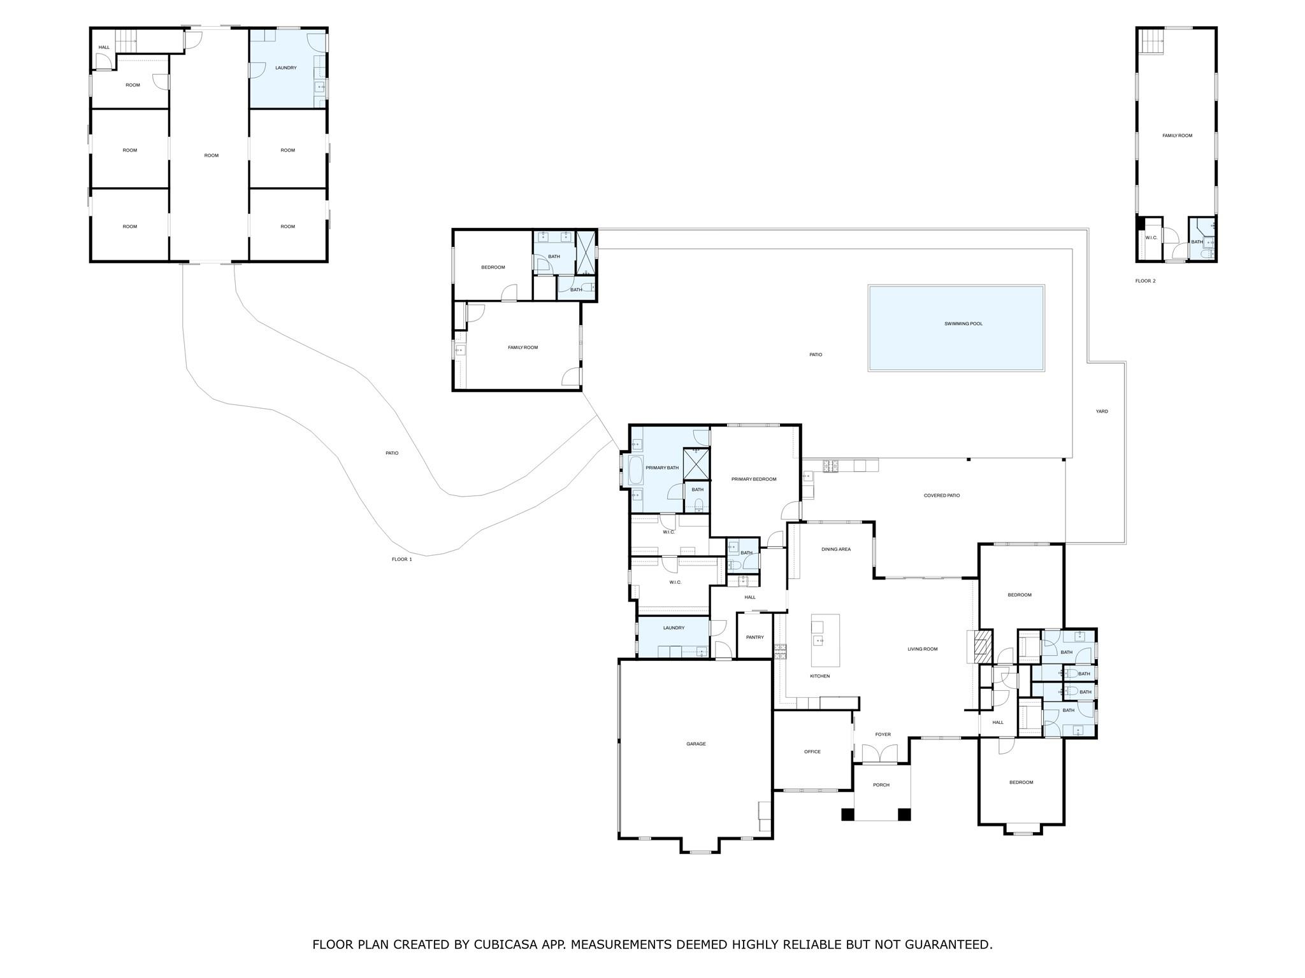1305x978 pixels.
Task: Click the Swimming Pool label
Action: pos(963,323)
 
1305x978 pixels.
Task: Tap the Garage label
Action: pos(696,744)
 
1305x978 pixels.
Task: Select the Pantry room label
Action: pos(754,637)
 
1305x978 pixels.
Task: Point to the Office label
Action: pos(812,751)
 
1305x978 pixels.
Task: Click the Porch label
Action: pos(881,785)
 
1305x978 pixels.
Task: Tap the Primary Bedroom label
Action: pos(754,479)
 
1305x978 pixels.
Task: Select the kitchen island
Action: pos(825,640)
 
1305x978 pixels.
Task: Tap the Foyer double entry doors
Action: pos(879,755)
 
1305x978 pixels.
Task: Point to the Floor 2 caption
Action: pos(1145,281)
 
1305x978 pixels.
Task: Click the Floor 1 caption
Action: pos(401,559)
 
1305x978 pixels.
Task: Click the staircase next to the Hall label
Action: pos(126,41)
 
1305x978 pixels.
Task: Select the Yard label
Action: pos(1102,411)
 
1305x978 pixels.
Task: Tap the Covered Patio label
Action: pos(941,495)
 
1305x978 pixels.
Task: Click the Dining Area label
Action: pos(835,549)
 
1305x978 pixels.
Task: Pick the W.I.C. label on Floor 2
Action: pos(1151,237)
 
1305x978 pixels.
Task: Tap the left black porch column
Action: pos(847,814)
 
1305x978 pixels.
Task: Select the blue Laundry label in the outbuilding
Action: pos(285,67)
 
